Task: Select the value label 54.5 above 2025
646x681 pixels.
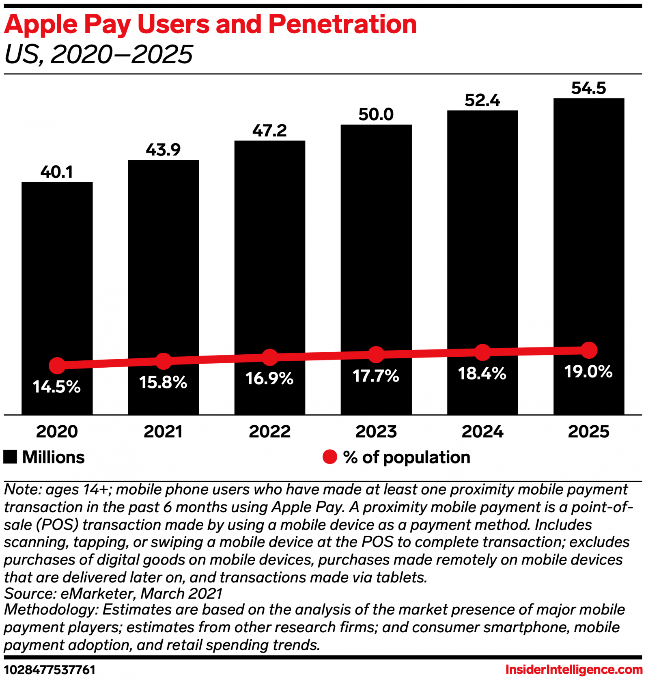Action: (x=588, y=88)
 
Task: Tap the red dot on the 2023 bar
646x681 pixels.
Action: (x=376, y=355)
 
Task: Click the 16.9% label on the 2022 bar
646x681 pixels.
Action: (x=269, y=379)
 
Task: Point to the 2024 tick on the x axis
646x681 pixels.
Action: (x=482, y=431)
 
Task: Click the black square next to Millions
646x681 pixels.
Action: (x=10, y=457)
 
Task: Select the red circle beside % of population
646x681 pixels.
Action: (x=329, y=457)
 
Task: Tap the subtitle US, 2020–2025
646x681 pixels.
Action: (x=99, y=54)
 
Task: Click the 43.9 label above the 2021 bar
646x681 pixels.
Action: (x=163, y=150)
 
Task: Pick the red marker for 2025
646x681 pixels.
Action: (x=589, y=350)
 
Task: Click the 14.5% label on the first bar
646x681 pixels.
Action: (x=56, y=387)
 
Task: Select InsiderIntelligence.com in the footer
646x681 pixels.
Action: (x=574, y=669)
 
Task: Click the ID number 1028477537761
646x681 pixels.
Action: (x=50, y=670)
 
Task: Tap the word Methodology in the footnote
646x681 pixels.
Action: (x=51, y=610)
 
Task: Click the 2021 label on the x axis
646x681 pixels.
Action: (x=163, y=431)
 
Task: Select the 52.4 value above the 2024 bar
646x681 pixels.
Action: (x=482, y=100)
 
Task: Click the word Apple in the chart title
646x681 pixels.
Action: (x=41, y=24)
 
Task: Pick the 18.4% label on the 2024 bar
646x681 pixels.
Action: (x=482, y=373)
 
